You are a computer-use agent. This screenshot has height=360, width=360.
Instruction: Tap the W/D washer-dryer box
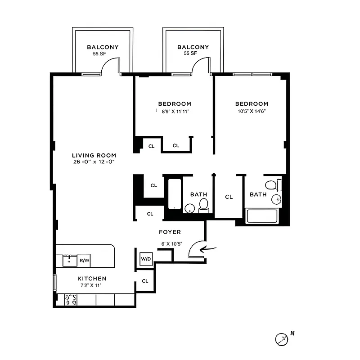click(x=146, y=259)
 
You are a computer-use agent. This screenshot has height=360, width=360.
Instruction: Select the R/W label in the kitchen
click(x=84, y=260)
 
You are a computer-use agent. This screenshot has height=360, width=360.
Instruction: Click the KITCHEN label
click(x=91, y=279)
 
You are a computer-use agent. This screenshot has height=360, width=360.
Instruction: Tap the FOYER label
click(x=170, y=232)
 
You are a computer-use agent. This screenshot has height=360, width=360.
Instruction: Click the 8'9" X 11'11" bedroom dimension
click(x=176, y=112)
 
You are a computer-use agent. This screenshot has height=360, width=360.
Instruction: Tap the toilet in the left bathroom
click(x=204, y=205)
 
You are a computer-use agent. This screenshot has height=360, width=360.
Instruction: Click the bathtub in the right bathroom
click(x=263, y=216)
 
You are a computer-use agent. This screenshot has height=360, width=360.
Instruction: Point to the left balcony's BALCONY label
click(x=103, y=47)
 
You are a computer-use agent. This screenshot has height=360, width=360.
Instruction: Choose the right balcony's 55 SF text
click(x=190, y=53)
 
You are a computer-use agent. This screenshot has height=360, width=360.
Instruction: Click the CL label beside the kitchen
click(x=145, y=281)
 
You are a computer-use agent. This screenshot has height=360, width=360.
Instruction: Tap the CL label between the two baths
click(x=229, y=197)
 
